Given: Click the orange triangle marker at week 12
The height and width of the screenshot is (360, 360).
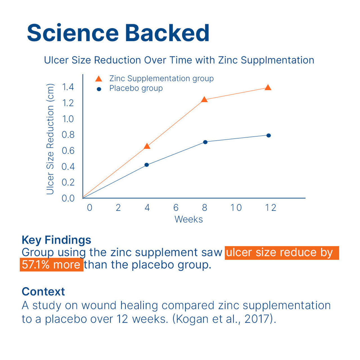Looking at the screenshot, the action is coord(268,88).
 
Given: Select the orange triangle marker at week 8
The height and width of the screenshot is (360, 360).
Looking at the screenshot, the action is coord(204,100).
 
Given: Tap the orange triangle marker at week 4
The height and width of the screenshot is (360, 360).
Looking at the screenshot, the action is coord(147,146).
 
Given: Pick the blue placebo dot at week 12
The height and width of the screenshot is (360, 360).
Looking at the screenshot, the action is coord(269,136).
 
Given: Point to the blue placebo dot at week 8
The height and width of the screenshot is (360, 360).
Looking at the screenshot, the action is coord(205,142).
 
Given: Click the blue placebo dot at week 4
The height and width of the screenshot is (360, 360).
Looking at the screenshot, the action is coord(147,165).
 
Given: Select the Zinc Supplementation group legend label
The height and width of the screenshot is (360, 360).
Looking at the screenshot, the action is coord(162,79).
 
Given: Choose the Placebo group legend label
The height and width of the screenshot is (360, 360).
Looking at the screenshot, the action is coord(136,88).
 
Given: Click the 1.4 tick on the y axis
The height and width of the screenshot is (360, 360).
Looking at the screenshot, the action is coord(68,87).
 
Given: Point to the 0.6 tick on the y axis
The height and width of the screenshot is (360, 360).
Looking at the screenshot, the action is coord(68,151).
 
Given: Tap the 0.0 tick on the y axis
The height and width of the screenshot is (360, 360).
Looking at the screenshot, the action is coord(68,198).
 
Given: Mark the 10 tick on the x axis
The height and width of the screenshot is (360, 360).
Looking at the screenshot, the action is coord(236,208).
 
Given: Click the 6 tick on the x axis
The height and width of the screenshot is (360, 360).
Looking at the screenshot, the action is coord(176,208).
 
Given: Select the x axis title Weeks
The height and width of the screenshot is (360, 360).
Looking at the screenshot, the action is coord(188,219).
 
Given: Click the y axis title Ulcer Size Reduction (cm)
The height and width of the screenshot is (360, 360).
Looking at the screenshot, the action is coord(50,139).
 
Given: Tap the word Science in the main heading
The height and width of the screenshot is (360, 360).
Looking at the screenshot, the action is coord(73,33).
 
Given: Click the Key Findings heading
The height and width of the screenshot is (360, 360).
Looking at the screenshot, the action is coord(57,240).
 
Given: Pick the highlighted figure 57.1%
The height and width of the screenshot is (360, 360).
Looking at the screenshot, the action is coord(35,265).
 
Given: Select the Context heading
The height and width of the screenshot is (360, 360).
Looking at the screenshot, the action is coord(43,291).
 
